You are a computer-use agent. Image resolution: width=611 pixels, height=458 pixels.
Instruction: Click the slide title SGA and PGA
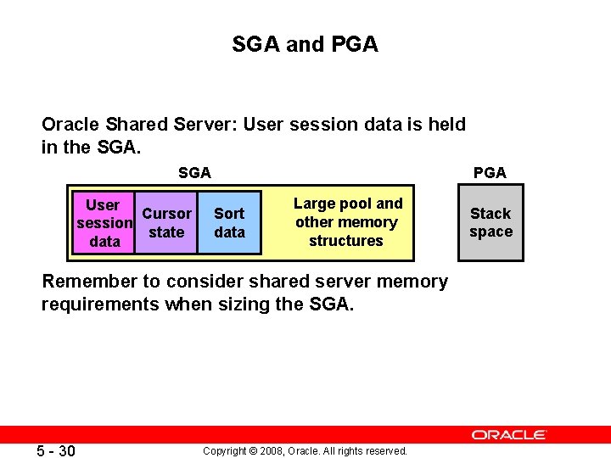pyautogui.click(x=305, y=44)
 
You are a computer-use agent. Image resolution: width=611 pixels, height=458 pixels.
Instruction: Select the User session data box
pyautogui.click(x=104, y=223)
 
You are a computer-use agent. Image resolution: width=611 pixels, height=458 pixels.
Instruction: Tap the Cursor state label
pyautogui.click(x=166, y=223)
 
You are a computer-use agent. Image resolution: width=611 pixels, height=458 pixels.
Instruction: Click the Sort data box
pyautogui.click(x=229, y=223)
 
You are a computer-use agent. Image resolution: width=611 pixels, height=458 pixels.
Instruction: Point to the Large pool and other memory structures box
pyautogui.click(x=346, y=222)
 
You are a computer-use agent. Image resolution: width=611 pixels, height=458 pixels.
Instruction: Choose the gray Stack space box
pyautogui.click(x=490, y=223)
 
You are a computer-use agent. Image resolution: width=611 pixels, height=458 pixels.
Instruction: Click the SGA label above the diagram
pyautogui.click(x=194, y=173)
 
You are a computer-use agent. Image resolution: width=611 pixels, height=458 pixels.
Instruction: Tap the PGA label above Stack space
pyautogui.click(x=490, y=173)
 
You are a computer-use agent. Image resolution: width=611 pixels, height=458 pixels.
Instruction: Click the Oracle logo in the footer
pyautogui.click(x=509, y=434)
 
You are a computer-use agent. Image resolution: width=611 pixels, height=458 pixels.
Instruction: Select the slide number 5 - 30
pyautogui.click(x=55, y=450)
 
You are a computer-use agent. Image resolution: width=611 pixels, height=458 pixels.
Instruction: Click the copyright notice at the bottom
pyautogui.click(x=305, y=450)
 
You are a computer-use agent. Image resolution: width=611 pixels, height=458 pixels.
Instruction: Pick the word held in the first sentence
pyautogui.click(x=446, y=125)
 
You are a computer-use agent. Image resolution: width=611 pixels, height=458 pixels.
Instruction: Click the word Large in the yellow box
pyautogui.click(x=314, y=204)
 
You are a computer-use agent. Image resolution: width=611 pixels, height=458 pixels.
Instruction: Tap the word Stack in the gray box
pyautogui.click(x=490, y=214)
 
